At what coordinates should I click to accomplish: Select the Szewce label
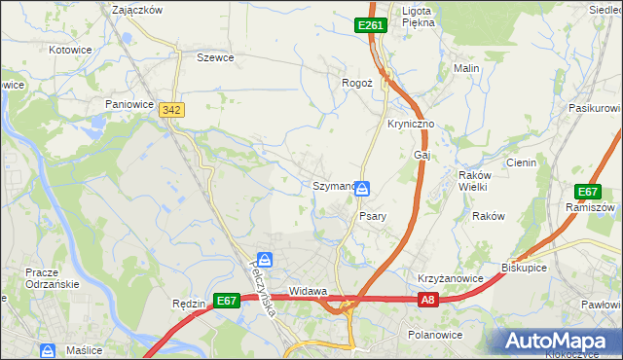point(215,57)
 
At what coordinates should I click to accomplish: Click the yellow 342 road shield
point(172,112)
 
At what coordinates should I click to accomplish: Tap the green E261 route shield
point(371,26)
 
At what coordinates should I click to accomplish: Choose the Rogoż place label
point(357,84)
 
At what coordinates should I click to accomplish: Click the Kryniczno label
point(411,112)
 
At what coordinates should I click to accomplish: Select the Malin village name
point(466,69)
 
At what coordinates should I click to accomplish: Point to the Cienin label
point(520,162)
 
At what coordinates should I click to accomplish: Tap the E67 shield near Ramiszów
point(587,192)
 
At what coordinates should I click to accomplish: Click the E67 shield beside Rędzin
point(226,302)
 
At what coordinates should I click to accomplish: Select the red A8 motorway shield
point(429,302)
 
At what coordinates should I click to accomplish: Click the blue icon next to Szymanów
point(362,187)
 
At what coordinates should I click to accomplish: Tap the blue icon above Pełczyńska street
point(265,260)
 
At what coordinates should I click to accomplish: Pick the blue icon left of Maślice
point(46,349)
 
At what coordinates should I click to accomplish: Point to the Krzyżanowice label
point(451,278)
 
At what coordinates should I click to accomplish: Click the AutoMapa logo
point(560,341)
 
